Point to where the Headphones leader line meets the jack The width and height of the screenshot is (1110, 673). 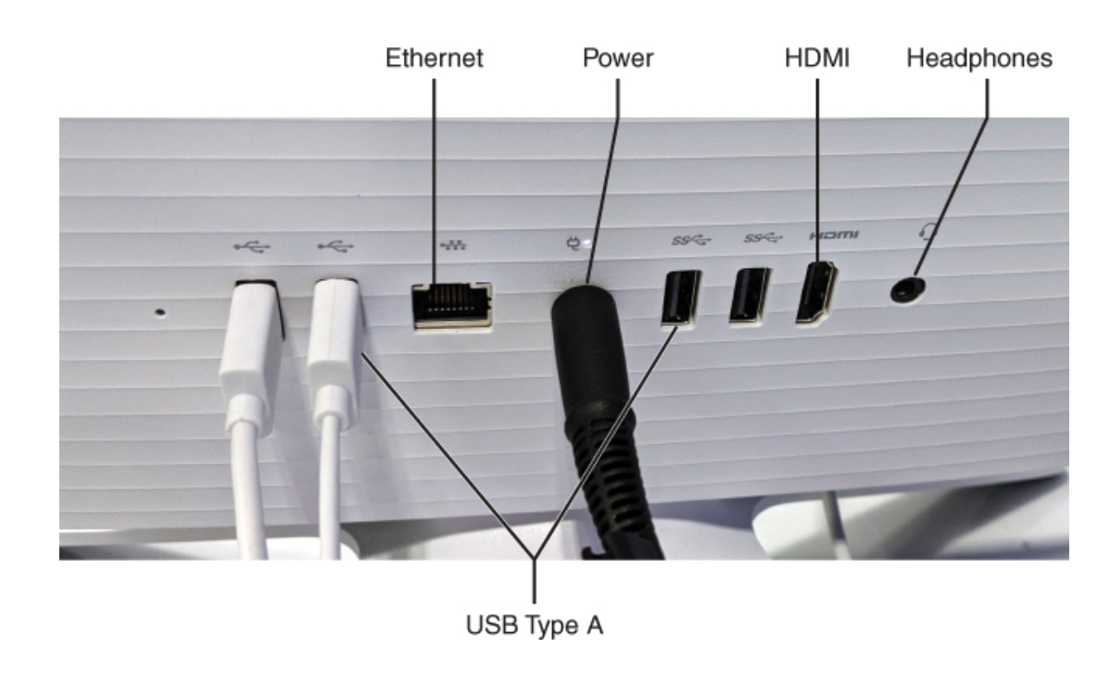[914, 276]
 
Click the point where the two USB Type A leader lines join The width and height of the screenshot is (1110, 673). [535, 557]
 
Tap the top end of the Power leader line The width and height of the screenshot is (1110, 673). [618, 80]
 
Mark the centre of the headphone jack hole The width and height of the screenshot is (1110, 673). [907, 290]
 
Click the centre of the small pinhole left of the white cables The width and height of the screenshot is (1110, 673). [160, 311]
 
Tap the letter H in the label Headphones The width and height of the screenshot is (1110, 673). [914, 58]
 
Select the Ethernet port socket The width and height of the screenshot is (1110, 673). [451, 305]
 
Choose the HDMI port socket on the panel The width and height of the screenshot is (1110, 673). [816, 293]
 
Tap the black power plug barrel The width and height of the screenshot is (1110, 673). [587, 354]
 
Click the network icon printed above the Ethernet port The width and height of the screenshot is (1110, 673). [453, 245]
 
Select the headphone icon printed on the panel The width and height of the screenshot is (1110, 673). [928, 231]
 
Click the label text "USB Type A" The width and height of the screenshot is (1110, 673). [535, 626]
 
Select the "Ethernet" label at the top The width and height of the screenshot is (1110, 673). [434, 58]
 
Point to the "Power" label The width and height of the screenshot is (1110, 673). [618, 58]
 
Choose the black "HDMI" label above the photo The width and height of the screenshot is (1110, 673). [817, 58]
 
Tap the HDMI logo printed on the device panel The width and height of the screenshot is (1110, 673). [834, 235]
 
